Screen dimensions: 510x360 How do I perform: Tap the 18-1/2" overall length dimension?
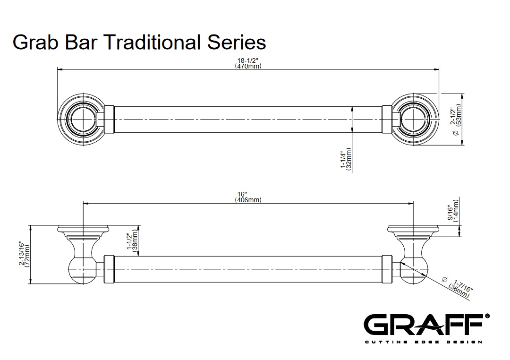(x=248, y=60)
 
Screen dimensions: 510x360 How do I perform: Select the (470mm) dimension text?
(x=248, y=66)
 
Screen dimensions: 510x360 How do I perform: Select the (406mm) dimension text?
(x=248, y=200)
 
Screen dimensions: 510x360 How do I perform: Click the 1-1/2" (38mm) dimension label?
(x=132, y=241)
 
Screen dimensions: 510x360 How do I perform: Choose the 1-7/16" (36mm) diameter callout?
(x=459, y=287)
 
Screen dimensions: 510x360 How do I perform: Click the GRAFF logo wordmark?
(x=423, y=325)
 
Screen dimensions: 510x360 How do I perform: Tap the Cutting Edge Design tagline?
(x=423, y=342)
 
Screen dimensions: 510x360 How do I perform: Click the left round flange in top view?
(x=82, y=119)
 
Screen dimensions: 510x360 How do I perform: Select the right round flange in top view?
(x=415, y=119)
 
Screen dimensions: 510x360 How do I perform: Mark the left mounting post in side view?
(x=83, y=254)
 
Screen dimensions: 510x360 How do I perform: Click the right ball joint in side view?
(x=414, y=270)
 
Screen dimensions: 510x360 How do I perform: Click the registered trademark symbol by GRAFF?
(x=487, y=316)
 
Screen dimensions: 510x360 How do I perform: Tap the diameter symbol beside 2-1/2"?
(x=456, y=133)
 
